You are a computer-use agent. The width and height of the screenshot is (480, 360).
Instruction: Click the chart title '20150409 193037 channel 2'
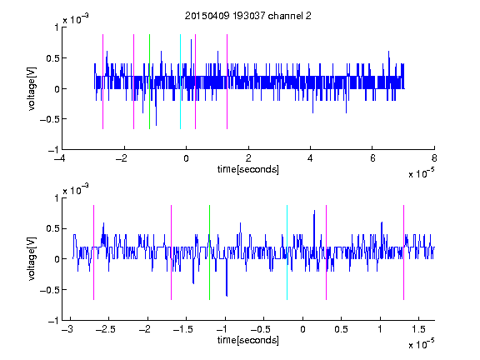[248, 16]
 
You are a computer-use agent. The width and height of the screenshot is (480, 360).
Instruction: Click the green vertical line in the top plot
[149, 82]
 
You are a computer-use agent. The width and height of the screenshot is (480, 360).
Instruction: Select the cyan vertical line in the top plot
[180, 82]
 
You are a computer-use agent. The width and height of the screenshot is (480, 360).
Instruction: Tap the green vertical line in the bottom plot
[209, 252]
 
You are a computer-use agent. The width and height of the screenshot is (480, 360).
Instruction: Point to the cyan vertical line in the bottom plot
[287, 252]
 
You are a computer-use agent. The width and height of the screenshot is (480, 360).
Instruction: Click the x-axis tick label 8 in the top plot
[434, 158]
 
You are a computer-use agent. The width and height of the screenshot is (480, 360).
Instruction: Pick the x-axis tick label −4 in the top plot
[60, 158]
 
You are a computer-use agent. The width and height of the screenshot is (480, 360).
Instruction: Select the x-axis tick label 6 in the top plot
[372, 158]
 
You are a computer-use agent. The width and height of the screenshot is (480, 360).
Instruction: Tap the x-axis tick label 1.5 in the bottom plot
[418, 329]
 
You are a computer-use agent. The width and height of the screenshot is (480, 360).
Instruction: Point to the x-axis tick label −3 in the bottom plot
[67, 329]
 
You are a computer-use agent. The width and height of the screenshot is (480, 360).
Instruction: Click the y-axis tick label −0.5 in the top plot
[49, 119]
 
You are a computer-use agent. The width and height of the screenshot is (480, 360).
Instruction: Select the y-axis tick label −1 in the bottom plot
[53, 321]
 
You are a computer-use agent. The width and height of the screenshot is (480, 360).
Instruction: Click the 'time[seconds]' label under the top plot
[248, 169]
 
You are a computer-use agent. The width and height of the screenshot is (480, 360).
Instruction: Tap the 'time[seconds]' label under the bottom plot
[248, 340]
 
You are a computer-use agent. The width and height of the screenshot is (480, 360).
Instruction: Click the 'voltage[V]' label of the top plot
[32, 88]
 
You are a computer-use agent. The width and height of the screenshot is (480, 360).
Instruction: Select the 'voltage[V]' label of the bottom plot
[32, 259]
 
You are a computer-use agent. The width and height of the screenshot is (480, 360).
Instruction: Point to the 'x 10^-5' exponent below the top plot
[421, 173]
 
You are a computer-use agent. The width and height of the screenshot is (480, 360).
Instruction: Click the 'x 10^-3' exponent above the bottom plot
[76, 189]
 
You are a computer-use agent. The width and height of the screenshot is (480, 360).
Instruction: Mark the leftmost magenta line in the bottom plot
[93, 252]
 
